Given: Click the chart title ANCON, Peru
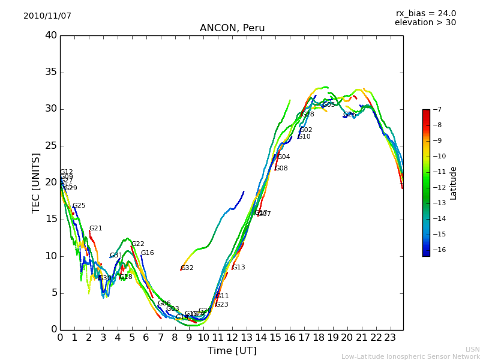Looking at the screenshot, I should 232,28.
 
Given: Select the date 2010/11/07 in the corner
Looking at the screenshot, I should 47,16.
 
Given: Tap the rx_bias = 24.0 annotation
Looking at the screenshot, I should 425,14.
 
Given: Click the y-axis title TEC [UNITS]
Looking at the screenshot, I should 36,182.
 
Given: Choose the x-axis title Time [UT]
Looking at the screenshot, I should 232,351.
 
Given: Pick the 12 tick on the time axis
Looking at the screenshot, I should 232,338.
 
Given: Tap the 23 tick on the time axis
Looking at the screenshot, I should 390,338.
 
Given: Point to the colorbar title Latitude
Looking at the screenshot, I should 454,183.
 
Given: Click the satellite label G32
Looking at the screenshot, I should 187,268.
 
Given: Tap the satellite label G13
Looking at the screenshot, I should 239,268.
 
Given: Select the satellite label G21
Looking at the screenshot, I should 96,229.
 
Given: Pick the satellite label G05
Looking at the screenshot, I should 329,105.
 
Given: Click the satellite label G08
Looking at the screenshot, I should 281,169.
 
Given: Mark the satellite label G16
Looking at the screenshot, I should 148,253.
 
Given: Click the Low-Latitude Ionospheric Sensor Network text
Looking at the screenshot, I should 410,357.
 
